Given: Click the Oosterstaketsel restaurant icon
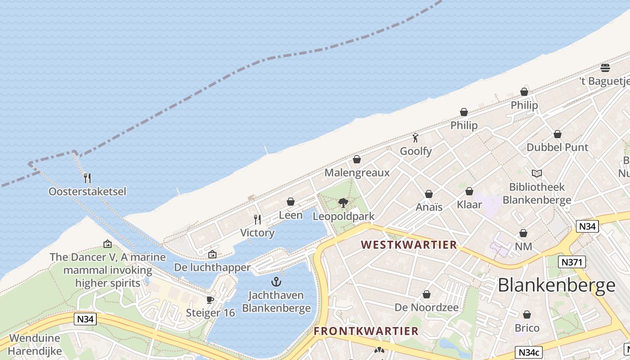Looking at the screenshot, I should pos(87,178).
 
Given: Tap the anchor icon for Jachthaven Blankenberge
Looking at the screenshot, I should pos(276,282).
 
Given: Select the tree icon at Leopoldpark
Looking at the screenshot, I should pos(343,203).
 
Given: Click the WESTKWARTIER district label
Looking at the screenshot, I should pos(409,245).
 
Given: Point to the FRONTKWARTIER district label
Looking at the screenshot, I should pos(366,331).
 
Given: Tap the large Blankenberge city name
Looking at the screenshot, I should pos(557,285).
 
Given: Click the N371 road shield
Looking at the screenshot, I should pos(571,262).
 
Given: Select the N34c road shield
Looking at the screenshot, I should pos(529,352).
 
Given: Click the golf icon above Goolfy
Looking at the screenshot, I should pos(415,138).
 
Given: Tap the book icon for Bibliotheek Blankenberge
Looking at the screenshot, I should pos(536,173).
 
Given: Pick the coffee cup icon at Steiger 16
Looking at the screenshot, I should pos(210,300).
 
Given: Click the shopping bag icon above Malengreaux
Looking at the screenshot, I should pos(357,159).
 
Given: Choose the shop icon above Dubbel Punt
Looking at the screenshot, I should pos(557,134).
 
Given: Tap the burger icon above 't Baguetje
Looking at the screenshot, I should pos(605,68).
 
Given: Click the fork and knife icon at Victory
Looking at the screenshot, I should pos(257,220).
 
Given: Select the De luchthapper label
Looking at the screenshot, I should pos(212,267).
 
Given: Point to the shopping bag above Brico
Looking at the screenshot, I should pos(526,315).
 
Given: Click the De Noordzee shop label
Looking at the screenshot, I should pos(426,307).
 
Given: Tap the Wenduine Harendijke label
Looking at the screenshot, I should pos(35,344).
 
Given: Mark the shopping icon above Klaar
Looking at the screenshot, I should pos(469,191).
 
